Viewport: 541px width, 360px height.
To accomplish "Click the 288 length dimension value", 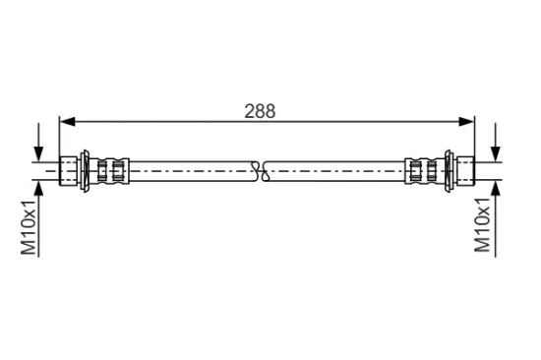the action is (x=260, y=111).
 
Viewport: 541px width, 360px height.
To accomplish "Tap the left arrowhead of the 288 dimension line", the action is (x=67, y=122).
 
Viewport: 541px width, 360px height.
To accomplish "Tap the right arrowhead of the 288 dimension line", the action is (x=467, y=122).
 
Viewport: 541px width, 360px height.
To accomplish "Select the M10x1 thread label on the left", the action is (x=29, y=227).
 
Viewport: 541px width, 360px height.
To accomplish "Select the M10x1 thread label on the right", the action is (x=482, y=225).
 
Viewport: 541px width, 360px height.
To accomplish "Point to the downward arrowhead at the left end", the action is (x=38, y=154).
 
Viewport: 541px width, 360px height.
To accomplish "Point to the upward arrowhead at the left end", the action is (x=38, y=188).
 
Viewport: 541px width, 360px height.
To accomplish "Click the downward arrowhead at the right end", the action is (x=496, y=154).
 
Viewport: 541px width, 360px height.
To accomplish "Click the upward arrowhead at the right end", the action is (x=496, y=188).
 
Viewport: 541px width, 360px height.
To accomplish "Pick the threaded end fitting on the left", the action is (x=68, y=171).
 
